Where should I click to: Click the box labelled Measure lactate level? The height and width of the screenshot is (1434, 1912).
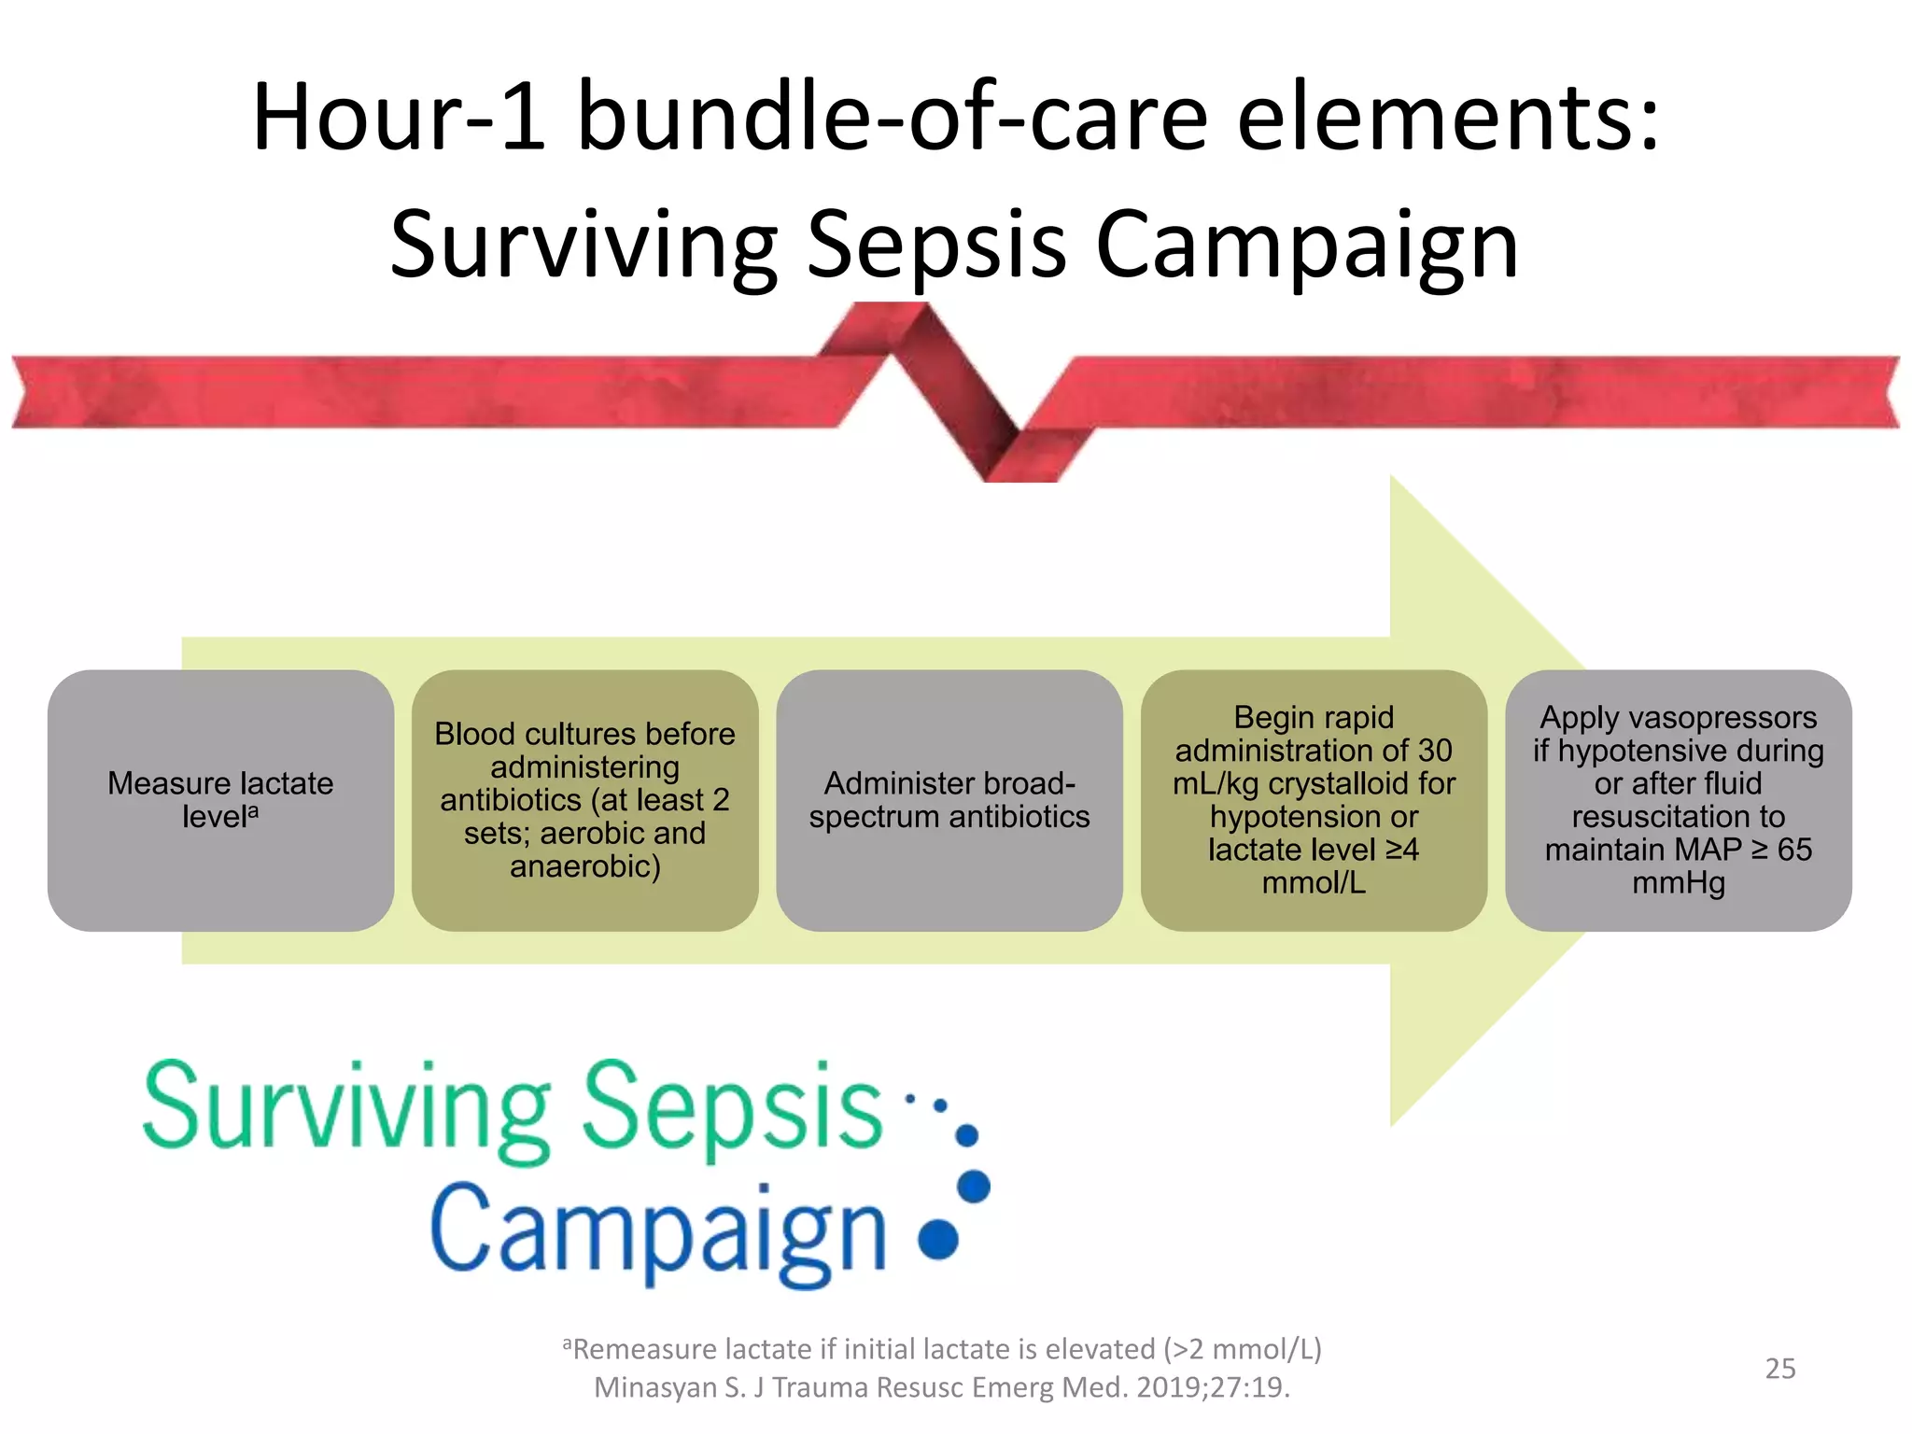[220, 800]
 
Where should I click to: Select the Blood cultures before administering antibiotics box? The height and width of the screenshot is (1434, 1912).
[584, 800]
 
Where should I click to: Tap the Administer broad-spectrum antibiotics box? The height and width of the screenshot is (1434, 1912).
[949, 800]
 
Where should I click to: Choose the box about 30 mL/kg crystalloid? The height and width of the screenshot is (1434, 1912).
[1313, 800]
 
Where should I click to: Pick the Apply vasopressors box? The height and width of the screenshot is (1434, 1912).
[1678, 800]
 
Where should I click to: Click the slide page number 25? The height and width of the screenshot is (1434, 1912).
[1779, 1369]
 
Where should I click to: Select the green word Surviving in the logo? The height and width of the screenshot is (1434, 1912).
[346, 1108]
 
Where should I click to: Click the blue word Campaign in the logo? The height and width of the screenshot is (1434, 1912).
[659, 1232]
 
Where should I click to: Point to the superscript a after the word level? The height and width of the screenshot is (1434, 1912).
[253, 810]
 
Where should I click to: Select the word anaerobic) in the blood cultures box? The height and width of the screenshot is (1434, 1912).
[584, 866]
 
